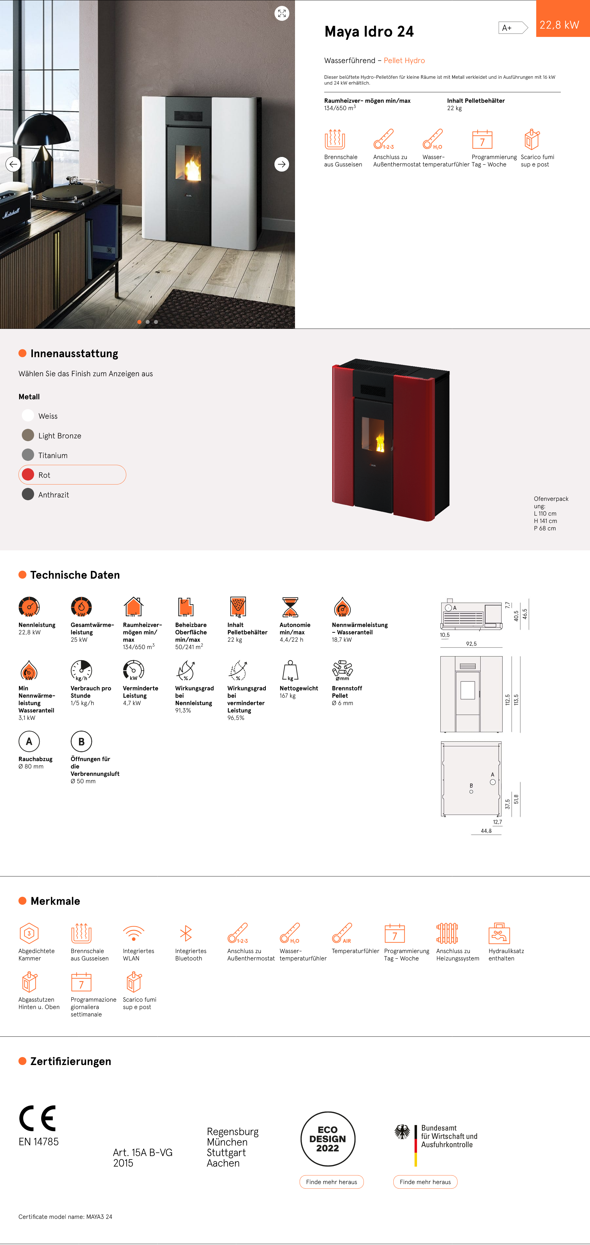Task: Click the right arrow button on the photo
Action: click(x=281, y=164)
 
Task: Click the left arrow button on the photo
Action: click(x=13, y=164)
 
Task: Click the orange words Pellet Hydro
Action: click(x=404, y=60)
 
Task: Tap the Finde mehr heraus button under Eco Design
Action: click(x=331, y=1182)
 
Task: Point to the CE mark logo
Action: click(x=38, y=1118)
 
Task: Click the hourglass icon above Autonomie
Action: click(x=290, y=607)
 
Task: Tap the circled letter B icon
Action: click(x=81, y=741)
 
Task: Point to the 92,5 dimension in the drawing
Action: click(x=471, y=644)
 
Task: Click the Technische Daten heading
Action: click(x=75, y=575)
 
